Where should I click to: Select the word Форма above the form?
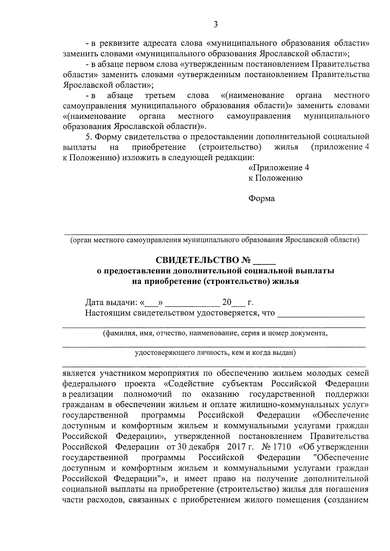(x=262, y=198)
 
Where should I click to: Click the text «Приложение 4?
(x=279, y=168)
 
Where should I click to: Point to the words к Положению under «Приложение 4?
(x=276, y=178)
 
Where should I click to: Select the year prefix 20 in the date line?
(x=226, y=302)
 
